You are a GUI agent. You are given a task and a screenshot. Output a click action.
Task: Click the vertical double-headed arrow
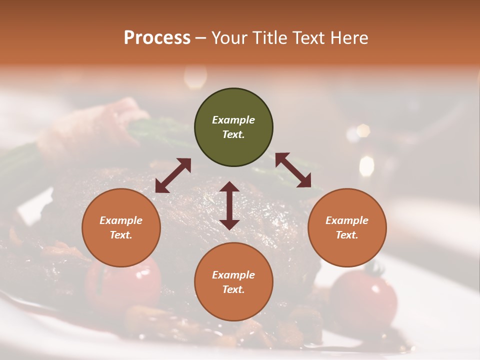[x=229, y=205]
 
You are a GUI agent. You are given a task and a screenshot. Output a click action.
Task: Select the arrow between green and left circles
[x=173, y=175]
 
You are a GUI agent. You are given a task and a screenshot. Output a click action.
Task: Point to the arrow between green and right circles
[x=293, y=170]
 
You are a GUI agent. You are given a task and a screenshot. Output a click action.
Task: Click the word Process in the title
[x=157, y=37]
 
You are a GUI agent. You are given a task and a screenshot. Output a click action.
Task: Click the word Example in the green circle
[x=233, y=120]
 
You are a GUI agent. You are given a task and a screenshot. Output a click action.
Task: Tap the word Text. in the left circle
[x=121, y=235]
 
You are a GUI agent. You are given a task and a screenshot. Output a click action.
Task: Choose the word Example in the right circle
[x=347, y=220]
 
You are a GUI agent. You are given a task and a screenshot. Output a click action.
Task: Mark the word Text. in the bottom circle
[x=233, y=289]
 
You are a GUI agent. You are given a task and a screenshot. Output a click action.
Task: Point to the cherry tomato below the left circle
[x=123, y=285]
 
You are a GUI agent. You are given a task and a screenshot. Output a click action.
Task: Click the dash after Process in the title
[x=201, y=38]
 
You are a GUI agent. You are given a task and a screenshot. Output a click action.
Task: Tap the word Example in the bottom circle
[x=233, y=275]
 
